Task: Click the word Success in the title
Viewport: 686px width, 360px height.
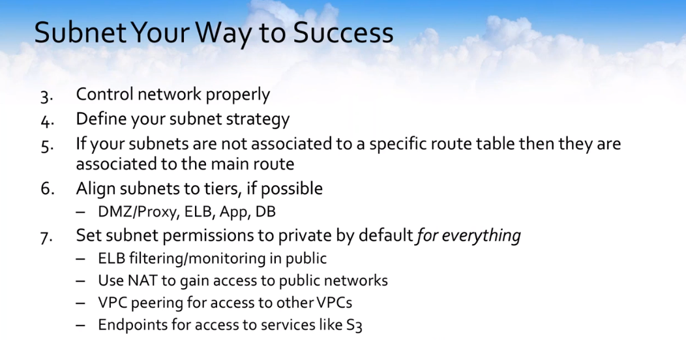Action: [343, 33]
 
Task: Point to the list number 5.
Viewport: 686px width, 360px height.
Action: [47, 145]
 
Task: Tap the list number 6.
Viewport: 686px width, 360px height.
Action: [47, 188]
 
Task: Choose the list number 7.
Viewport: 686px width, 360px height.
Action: [46, 237]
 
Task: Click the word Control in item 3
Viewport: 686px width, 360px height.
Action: [104, 94]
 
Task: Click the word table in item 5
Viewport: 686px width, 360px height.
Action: [495, 143]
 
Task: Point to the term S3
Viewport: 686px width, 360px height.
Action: [354, 325]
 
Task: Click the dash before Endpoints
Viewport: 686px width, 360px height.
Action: [80, 325]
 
